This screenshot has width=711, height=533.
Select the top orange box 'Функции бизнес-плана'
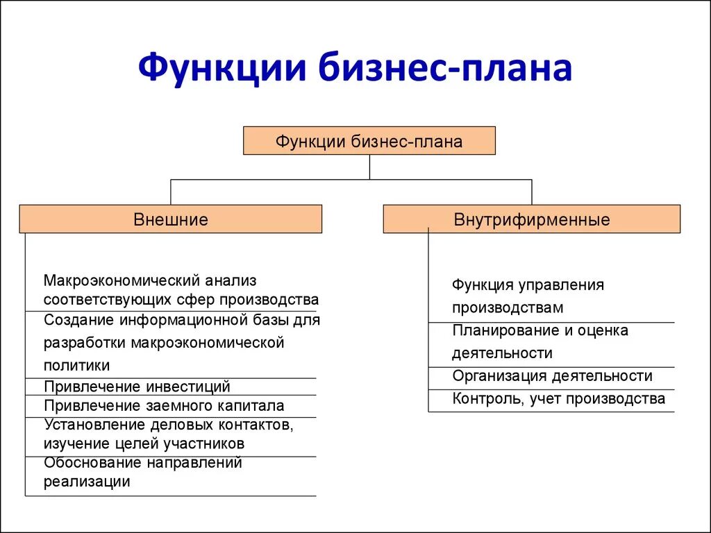(369, 141)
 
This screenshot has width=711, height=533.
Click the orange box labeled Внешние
(170, 219)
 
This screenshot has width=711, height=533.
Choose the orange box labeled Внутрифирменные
(531, 219)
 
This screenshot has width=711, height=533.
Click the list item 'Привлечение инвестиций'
(137, 387)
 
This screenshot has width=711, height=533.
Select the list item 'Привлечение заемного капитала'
(164, 406)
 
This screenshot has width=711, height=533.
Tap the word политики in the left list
(77, 365)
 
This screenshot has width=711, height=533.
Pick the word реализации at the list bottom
(87, 482)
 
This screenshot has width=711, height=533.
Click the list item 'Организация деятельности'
(552, 376)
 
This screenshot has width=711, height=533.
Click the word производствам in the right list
(508, 307)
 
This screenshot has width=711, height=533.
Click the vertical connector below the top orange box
(369, 167)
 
